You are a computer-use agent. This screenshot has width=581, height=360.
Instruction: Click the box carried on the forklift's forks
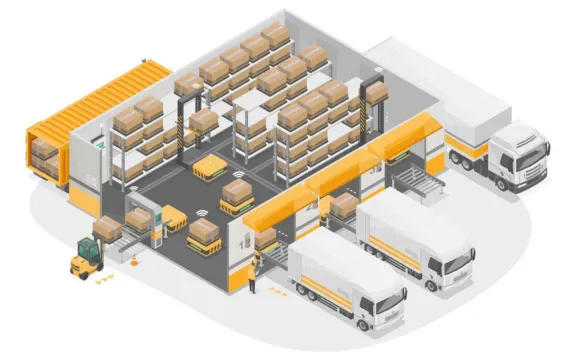(x=105, y=228)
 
